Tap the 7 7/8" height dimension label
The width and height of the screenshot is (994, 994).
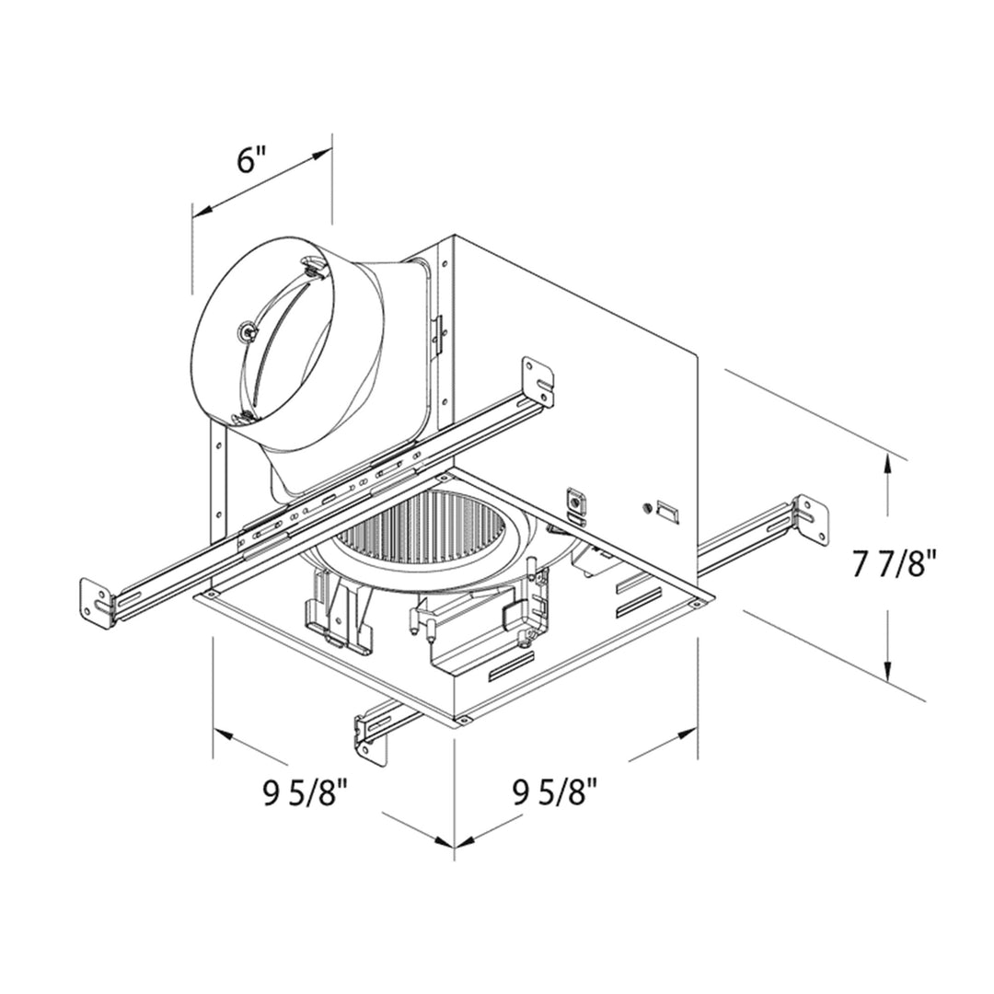[894, 563]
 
